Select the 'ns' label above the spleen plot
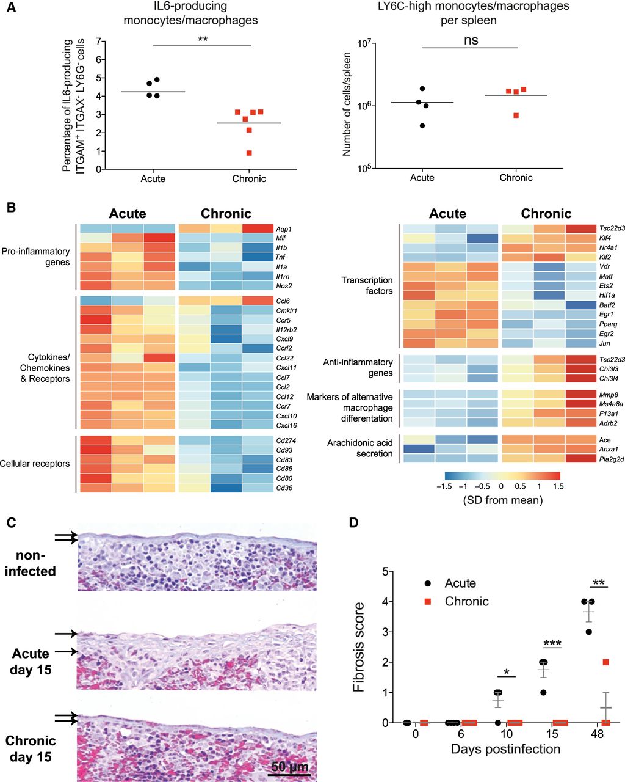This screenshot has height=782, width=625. click(x=470, y=41)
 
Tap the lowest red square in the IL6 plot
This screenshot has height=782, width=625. click(x=249, y=153)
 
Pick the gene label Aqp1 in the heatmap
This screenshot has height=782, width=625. click(x=284, y=228)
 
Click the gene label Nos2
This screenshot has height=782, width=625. click(x=284, y=286)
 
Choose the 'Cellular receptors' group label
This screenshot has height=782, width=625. click(x=35, y=463)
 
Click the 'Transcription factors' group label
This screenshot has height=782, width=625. click(x=367, y=285)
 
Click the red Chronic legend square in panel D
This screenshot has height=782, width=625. click(x=428, y=601)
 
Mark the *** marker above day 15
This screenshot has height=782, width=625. click(x=552, y=643)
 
